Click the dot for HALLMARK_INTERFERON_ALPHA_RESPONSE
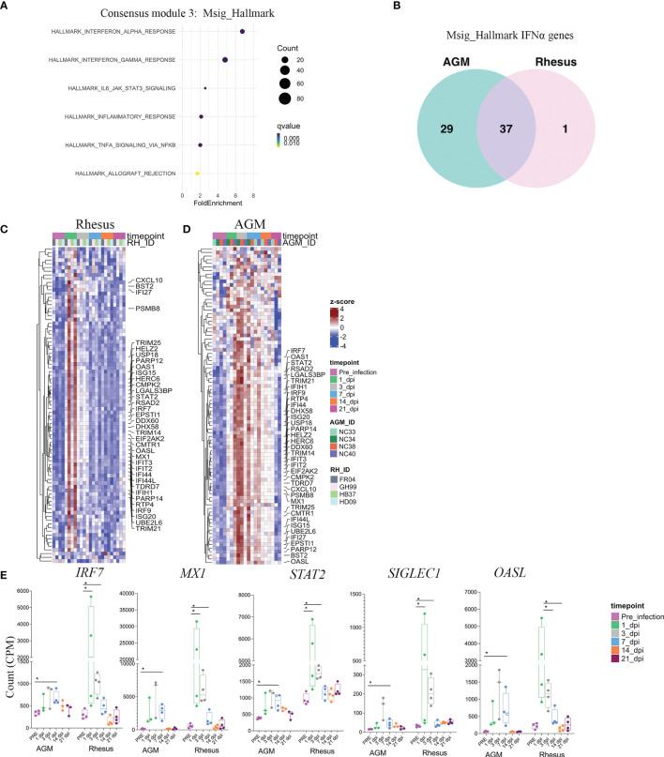pos(243,33)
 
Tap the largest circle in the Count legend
pos(282,98)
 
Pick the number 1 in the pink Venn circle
pos(571,114)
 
